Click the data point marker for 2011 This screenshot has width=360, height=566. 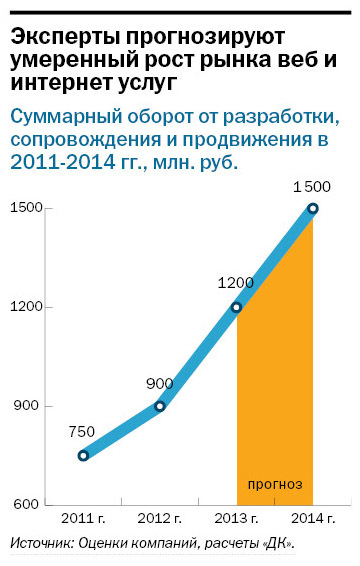tap(83, 455)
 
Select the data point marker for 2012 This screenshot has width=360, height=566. tap(160, 406)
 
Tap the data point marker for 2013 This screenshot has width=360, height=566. tap(236, 307)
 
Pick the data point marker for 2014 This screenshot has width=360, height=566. tap(313, 208)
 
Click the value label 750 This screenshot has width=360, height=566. tap(82, 432)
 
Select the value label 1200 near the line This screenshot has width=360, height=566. tap(235, 283)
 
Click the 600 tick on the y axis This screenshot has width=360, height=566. tap(24, 505)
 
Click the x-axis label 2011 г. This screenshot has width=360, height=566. tap(83, 520)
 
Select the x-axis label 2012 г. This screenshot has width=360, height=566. tap(160, 520)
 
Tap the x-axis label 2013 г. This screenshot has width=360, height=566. tap(236, 520)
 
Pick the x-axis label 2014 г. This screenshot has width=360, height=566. tap(313, 520)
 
